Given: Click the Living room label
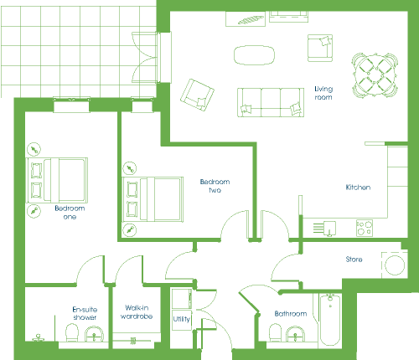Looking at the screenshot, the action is [323, 93].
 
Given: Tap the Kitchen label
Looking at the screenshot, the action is [358, 188].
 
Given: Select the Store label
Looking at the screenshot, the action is [354, 260].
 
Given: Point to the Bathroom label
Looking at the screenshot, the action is [291, 314].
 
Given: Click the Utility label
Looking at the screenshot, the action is [182, 319].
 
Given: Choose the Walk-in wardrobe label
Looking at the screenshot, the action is [137, 312].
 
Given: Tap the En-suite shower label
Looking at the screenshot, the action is [85, 313].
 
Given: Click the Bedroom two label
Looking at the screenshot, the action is [215, 186].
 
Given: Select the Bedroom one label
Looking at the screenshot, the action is [70, 213].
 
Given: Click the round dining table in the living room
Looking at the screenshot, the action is [375, 75].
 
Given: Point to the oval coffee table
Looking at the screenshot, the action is [254, 55].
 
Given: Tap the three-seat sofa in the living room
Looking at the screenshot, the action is [271, 102].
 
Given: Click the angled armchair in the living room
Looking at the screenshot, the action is [197, 95].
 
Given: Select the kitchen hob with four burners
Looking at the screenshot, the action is [365, 228].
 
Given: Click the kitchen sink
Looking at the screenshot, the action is [329, 229].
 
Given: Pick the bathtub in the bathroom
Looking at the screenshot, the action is [330, 320].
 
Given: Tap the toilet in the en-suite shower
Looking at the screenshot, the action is [72, 332].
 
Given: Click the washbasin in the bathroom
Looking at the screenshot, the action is [296, 334].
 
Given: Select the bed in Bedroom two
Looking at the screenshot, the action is [153, 199].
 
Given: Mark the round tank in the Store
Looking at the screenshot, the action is [395, 265].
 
